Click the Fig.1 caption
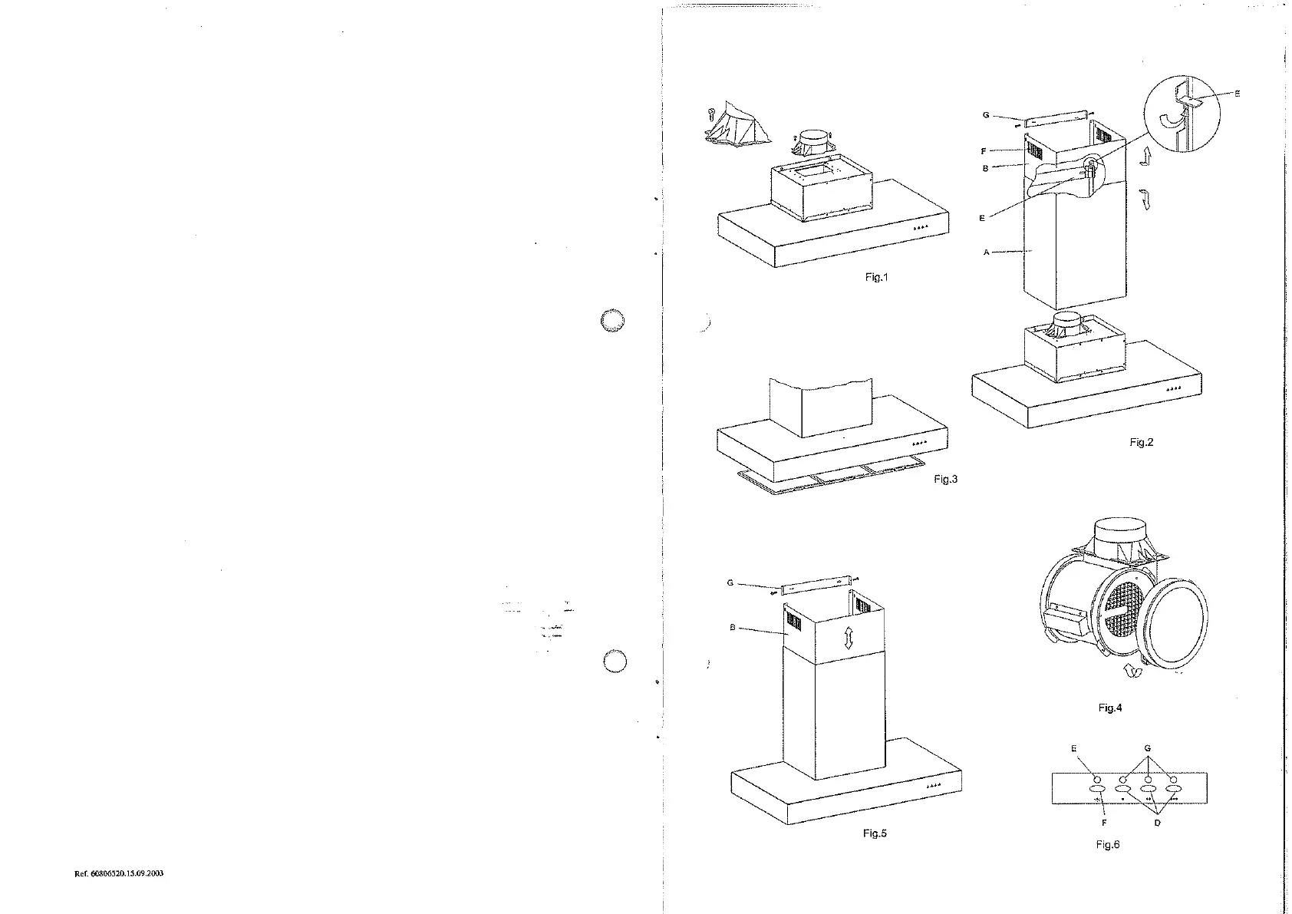[875, 277]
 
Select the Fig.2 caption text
[1142, 442]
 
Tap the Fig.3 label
[946, 479]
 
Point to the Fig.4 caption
[1109, 708]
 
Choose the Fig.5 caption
[875, 833]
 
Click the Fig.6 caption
[1108, 844]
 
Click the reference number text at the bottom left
[119, 874]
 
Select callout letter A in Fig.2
[987, 252]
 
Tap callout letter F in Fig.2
[984, 151]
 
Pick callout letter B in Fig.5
[733, 628]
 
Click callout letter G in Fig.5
[730, 583]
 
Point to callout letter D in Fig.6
[1157, 823]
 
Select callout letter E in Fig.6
[1073, 748]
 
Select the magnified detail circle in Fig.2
[1182, 116]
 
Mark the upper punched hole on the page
[613, 322]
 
